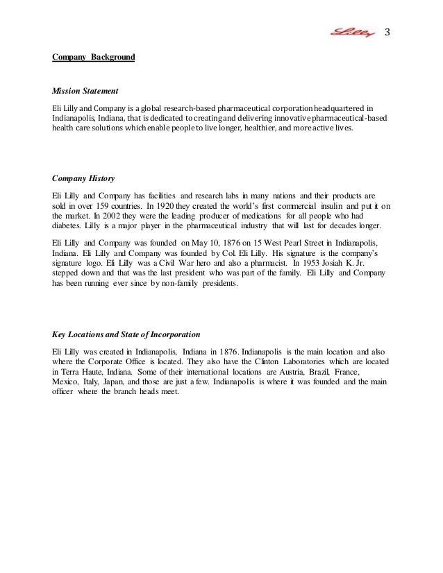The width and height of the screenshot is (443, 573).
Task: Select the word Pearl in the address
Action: point(278,243)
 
